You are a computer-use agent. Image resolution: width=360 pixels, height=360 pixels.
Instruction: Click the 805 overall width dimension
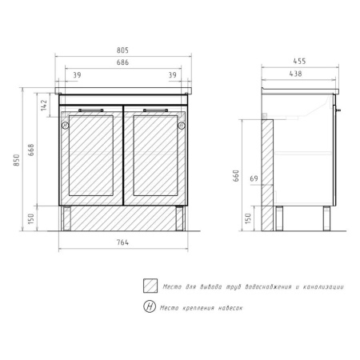pyautogui.click(x=122, y=50)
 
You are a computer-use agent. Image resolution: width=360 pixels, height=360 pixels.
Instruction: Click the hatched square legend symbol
pyautogui.click(x=149, y=286)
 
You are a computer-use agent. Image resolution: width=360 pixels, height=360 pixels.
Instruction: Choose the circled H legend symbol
pyautogui.click(x=149, y=307)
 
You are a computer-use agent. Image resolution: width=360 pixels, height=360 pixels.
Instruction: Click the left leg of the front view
pyautogui.click(x=68, y=217)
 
